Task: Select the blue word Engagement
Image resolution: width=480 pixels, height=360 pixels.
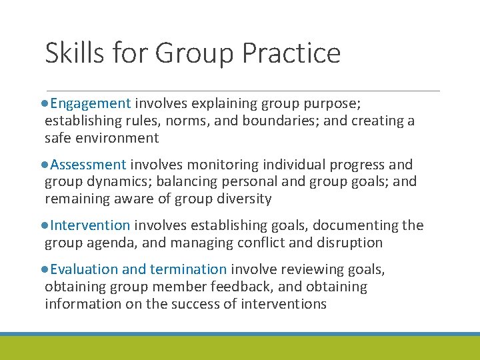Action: click(90, 103)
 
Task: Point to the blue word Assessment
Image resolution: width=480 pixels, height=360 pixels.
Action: click(88, 165)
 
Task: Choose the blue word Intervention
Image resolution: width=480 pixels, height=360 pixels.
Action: click(90, 226)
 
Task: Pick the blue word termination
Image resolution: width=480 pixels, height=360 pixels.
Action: click(189, 270)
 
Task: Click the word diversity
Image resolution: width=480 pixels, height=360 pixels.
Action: click(238, 199)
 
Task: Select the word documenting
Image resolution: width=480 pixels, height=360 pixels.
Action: click(359, 226)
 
